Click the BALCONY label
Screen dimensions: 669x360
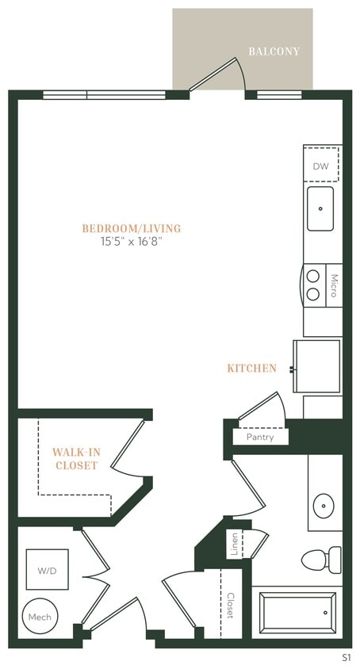[274, 52]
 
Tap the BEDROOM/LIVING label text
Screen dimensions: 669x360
[132, 228]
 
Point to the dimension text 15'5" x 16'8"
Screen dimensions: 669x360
[132, 242]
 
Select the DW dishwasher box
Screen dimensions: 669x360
[322, 166]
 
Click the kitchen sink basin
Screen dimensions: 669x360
[320, 208]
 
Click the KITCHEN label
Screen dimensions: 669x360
[251, 369]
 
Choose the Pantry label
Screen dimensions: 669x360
[260, 437]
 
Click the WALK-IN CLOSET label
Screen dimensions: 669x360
[76, 459]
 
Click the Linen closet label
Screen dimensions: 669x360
[235, 544]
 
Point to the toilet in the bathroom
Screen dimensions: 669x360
[322, 559]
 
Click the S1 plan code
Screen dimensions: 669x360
[346, 657]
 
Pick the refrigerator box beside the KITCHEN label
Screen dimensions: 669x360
[317, 365]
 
